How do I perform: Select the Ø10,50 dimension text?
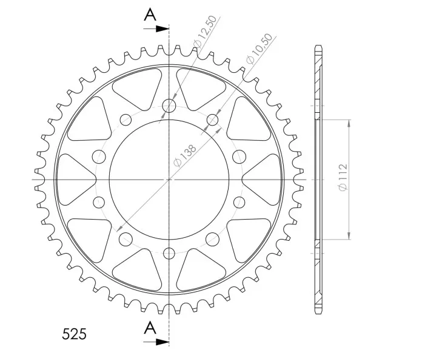(259, 49)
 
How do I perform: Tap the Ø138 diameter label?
(185, 156)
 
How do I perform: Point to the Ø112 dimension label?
(343, 177)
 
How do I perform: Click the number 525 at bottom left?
(74, 334)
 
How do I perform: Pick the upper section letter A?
(150, 15)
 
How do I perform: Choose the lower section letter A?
(150, 328)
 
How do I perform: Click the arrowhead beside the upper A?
(162, 29)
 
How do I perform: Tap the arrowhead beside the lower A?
(162, 342)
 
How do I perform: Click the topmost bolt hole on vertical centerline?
(169, 106)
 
